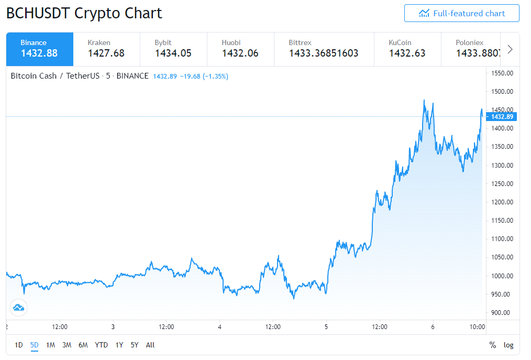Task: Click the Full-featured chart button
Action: pyautogui.click(x=461, y=13)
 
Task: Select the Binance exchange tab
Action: pyautogui.click(x=40, y=49)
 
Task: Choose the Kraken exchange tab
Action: pyautogui.click(x=107, y=49)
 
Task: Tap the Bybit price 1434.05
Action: pyautogui.click(x=173, y=53)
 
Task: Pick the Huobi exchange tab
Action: pyautogui.click(x=240, y=49)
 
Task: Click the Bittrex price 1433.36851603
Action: pyautogui.click(x=324, y=53)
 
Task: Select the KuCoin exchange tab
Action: pyautogui.click(x=407, y=49)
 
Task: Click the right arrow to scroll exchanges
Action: pyautogui.click(x=510, y=49)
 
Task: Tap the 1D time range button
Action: pyautogui.click(x=19, y=345)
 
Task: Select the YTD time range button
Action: pyautogui.click(x=101, y=345)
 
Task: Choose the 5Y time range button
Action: pyautogui.click(x=135, y=345)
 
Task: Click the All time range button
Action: pyautogui.click(x=150, y=345)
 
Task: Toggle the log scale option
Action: pyautogui.click(x=508, y=345)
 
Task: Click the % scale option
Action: pyautogui.click(x=493, y=345)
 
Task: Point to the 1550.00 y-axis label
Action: pyautogui.click(x=502, y=73)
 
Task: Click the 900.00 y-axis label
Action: pyautogui.click(x=501, y=312)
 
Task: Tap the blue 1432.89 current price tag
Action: pyautogui.click(x=502, y=117)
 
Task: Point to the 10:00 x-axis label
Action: pyautogui.click(x=477, y=327)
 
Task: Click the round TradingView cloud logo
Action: pyautogui.click(x=19, y=308)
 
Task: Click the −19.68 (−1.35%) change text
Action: pyautogui.click(x=204, y=77)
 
